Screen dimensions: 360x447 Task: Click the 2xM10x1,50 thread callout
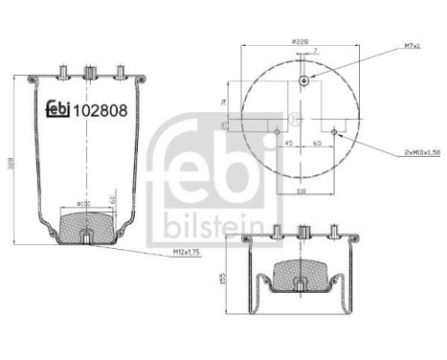[x=407, y=151]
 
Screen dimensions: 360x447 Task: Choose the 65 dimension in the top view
[x=318, y=145]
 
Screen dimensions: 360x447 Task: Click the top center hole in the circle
[x=304, y=82]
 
